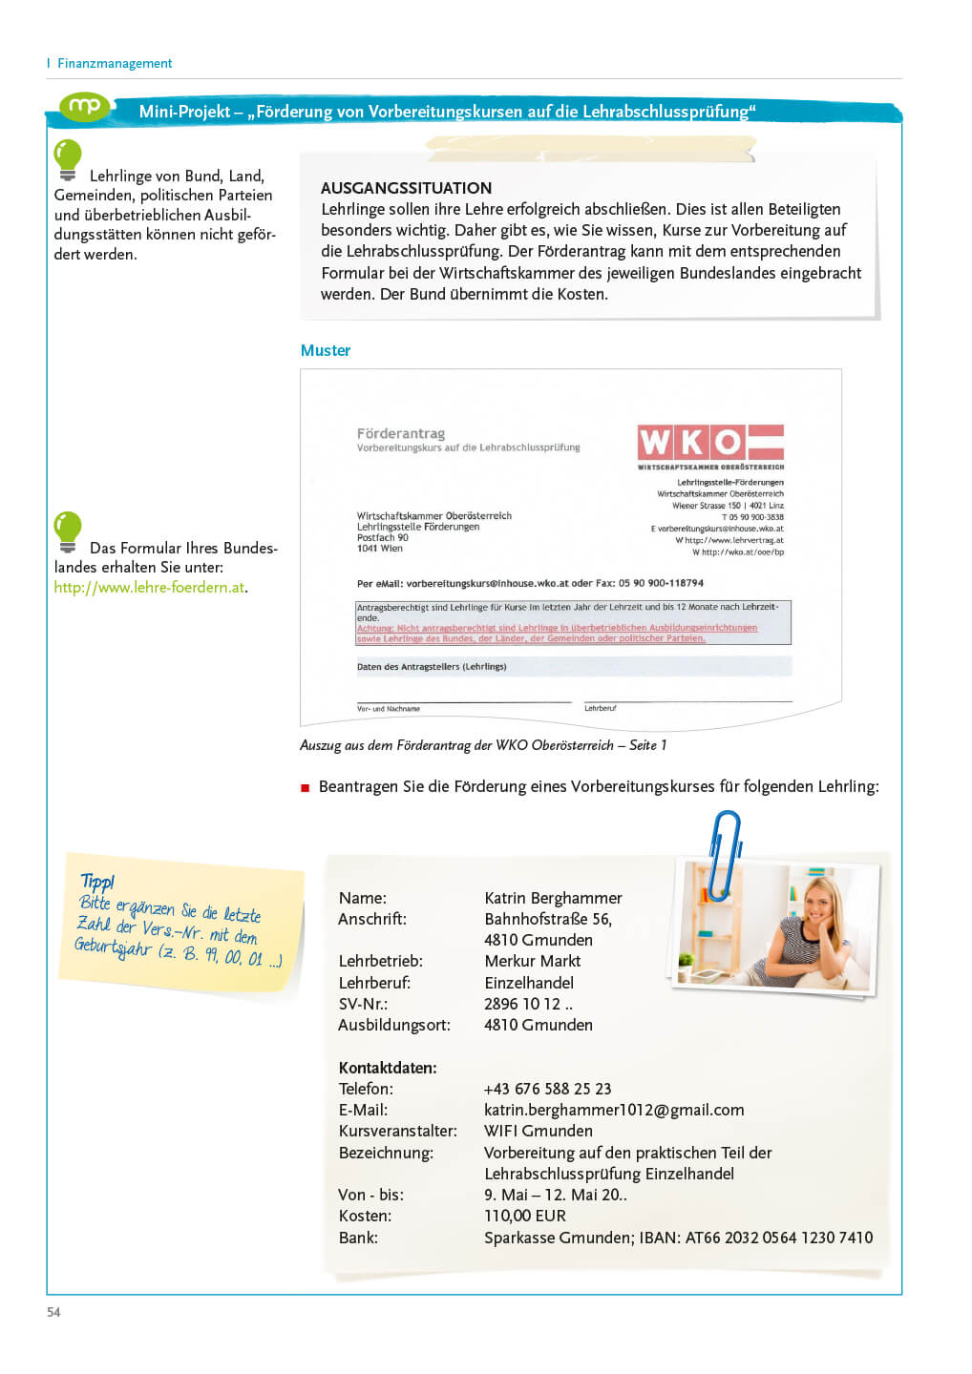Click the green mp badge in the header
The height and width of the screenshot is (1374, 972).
click(85, 106)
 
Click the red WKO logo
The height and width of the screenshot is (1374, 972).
click(710, 442)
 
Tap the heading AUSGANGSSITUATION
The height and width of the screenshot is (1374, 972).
click(406, 188)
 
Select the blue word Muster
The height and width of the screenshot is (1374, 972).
click(326, 350)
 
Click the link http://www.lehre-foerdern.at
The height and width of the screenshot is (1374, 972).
click(150, 587)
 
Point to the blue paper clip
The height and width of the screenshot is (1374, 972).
click(726, 851)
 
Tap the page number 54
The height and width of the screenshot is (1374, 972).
click(53, 1312)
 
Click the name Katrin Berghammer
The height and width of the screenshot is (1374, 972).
click(553, 898)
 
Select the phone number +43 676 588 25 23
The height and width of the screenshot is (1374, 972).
click(547, 1089)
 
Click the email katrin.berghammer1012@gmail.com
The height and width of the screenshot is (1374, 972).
click(614, 1110)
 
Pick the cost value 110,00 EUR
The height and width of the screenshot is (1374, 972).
click(525, 1216)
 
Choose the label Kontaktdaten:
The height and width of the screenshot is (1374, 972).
click(388, 1068)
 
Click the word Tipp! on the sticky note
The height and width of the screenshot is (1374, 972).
click(97, 881)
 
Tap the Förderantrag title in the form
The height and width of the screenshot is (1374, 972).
click(401, 433)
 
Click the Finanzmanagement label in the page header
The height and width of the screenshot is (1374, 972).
click(115, 63)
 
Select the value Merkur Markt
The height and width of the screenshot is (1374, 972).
click(533, 961)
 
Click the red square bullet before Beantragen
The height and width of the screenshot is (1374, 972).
click(306, 788)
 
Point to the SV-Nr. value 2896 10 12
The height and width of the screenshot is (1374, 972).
click(528, 1004)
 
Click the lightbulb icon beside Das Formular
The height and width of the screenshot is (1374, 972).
click(68, 531)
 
